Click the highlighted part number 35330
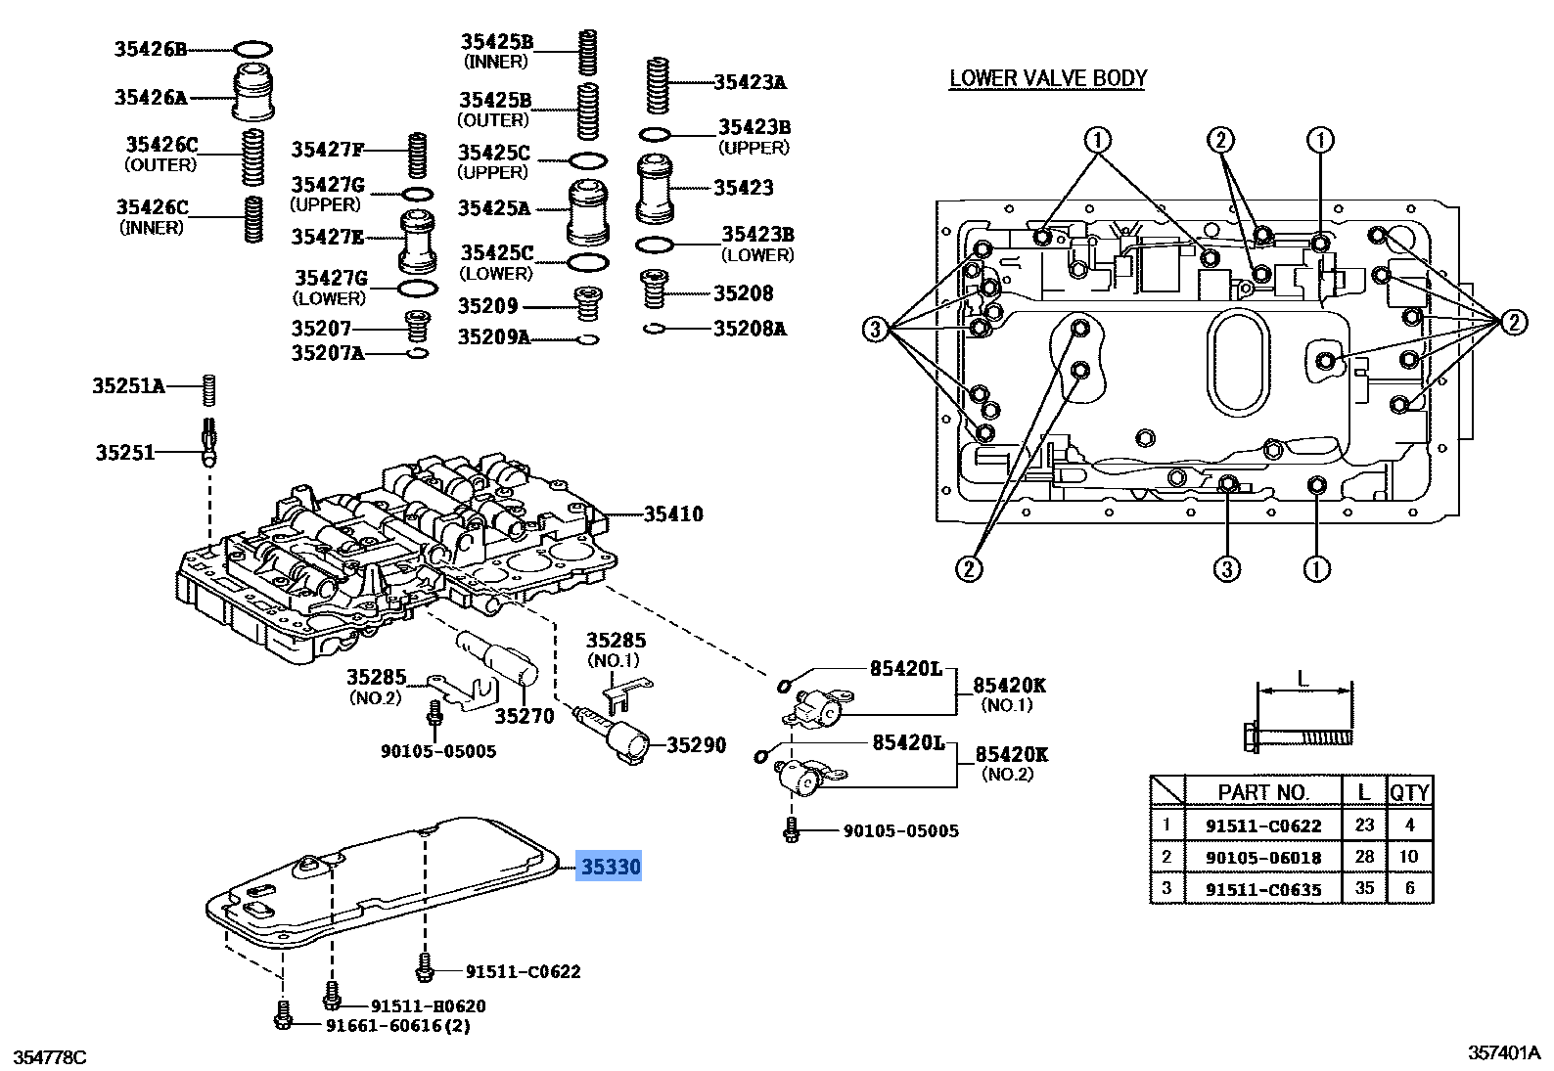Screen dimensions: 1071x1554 (x=610, y=867)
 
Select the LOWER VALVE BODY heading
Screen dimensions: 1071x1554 (x=1047, y=79)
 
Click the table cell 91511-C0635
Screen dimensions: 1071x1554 (x=1262, y=890)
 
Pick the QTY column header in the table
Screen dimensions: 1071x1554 (x=1409, y=792)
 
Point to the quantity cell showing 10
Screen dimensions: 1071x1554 (x=1409, y=857)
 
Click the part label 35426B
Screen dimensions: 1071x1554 (x=150, y=49)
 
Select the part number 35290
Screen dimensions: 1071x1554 (x=696, y=745)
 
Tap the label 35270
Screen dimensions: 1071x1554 (x=524, y=717)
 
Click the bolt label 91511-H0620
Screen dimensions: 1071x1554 (x=428, y=1006)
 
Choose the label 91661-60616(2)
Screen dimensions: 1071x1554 (x=397, y=1026)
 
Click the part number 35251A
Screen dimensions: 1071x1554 (x=128, y=386)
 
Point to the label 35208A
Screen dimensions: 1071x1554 (x=749, y=329)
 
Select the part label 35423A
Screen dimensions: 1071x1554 (x=749, y=83)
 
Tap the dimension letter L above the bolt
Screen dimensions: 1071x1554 (x=1303, y=678)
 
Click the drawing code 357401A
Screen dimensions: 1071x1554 (x=1504, y=1053)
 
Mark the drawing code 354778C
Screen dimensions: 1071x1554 (x=50, y=1057)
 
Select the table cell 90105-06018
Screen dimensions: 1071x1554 (x=1262, y=858)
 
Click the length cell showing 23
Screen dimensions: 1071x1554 (x=1364, y=825)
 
